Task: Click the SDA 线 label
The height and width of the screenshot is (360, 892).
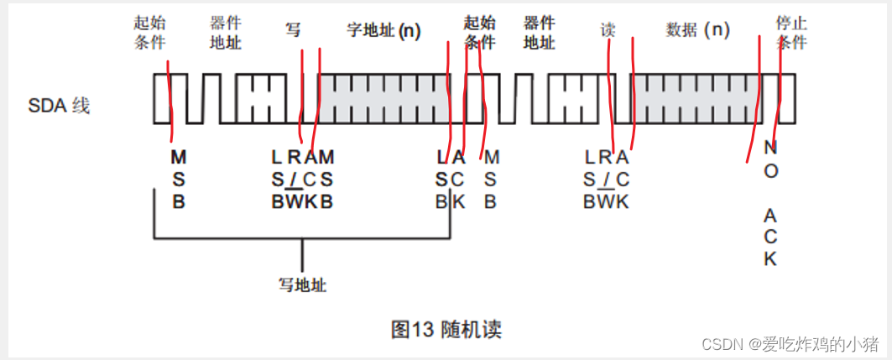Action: click(59, 106)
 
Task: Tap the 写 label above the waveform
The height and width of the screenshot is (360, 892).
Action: click(293, 31)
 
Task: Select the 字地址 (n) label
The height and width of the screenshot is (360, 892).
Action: click(383, 31)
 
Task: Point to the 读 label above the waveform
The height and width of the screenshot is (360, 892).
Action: click(608, 30)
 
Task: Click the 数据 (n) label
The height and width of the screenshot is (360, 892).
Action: click(697, 30)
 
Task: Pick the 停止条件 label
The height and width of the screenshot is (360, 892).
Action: click(790, 32)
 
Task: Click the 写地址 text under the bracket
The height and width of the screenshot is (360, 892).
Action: click(302, 285)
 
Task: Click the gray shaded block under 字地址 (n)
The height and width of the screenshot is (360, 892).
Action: click(382, 99)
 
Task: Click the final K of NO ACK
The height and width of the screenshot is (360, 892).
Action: click(770, 258)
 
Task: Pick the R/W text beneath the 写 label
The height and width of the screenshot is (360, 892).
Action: click(294, 178)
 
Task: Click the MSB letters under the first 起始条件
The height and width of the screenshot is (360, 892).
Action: click(178, 178)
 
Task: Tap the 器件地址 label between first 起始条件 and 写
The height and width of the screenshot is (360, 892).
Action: click(226, 32)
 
